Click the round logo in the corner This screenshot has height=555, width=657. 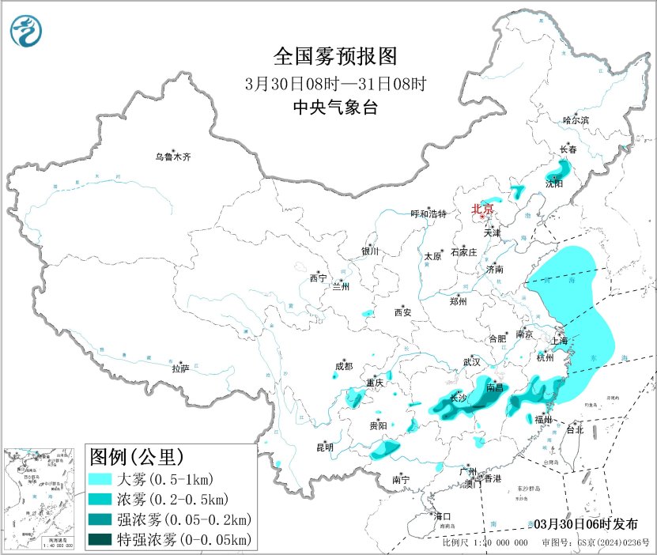pyautogui.click(x=26, y=30)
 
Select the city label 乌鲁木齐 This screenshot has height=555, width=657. pyautogui.click(x=172, y=157)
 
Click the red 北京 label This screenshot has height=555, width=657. pyautogui.click(x=481, y=210)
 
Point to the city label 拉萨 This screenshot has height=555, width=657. pyautogui.click(x=180, y=368)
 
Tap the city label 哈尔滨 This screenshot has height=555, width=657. pyautogui.click(x=576, y=120)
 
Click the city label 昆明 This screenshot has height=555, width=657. pyautogui.click(x=325, y=447)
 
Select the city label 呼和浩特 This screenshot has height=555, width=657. pyautogui.click(x=429, y=214)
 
